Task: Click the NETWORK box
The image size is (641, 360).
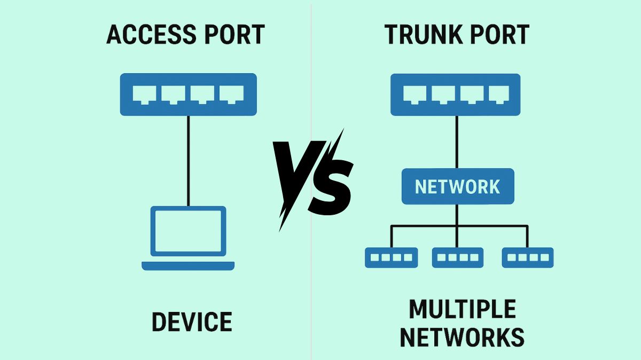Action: click(x=458, y=186)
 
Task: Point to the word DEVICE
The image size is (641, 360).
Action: click(x=192, y=322)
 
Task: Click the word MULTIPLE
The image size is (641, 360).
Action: click(x=462, y=309)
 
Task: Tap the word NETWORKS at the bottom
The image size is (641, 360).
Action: click(x=462, y=338)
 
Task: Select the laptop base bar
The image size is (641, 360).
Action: click(x=188, y=265)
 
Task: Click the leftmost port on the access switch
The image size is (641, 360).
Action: click(x=144, y=94)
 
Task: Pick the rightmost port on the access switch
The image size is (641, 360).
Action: click(x=231, y=94)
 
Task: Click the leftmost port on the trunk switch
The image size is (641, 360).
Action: click(x=415, y=94)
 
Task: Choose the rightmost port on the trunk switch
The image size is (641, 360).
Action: click(x=501, y=94)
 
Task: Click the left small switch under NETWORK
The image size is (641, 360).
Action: click(x=391, y=257)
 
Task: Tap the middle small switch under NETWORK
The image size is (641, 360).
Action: click(x=458, y=257)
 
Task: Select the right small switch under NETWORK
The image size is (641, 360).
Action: click(x=527, y=257)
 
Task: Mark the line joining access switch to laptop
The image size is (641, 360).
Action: click(x=188, y=160)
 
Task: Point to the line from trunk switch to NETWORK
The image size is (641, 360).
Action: click(x=457, y=142)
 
